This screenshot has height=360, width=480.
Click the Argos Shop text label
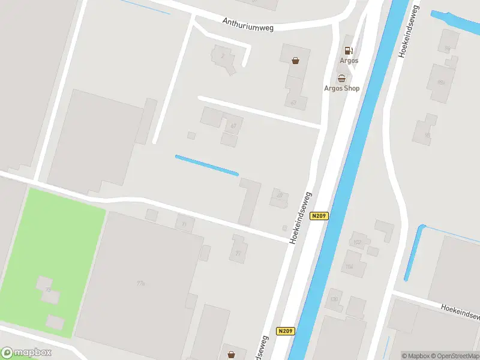[341, 88]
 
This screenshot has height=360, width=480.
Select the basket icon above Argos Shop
[341, 78]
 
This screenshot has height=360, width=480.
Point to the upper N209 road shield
[319, 216]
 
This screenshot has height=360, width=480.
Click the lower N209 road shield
[286, 331]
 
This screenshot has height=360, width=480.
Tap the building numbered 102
[358, 242]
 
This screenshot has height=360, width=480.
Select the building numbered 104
[349, 265]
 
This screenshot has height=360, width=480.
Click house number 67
[232, 125]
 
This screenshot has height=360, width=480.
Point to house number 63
[293, 102]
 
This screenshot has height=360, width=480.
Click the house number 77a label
[141, 283]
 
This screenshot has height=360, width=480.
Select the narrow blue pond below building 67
[206, 166]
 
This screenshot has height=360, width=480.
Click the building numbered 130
[334, 299]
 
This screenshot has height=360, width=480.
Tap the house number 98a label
[441, 82]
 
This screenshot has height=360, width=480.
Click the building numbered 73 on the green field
[47, 290]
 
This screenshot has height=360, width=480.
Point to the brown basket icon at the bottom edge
[231, 355]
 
